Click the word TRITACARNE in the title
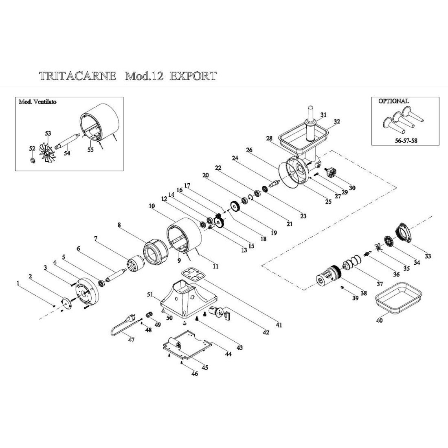77,76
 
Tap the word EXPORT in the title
193,76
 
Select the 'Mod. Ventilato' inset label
37,102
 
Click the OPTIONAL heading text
393,101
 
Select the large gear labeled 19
235,206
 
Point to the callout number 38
364,292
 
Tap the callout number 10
152,206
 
